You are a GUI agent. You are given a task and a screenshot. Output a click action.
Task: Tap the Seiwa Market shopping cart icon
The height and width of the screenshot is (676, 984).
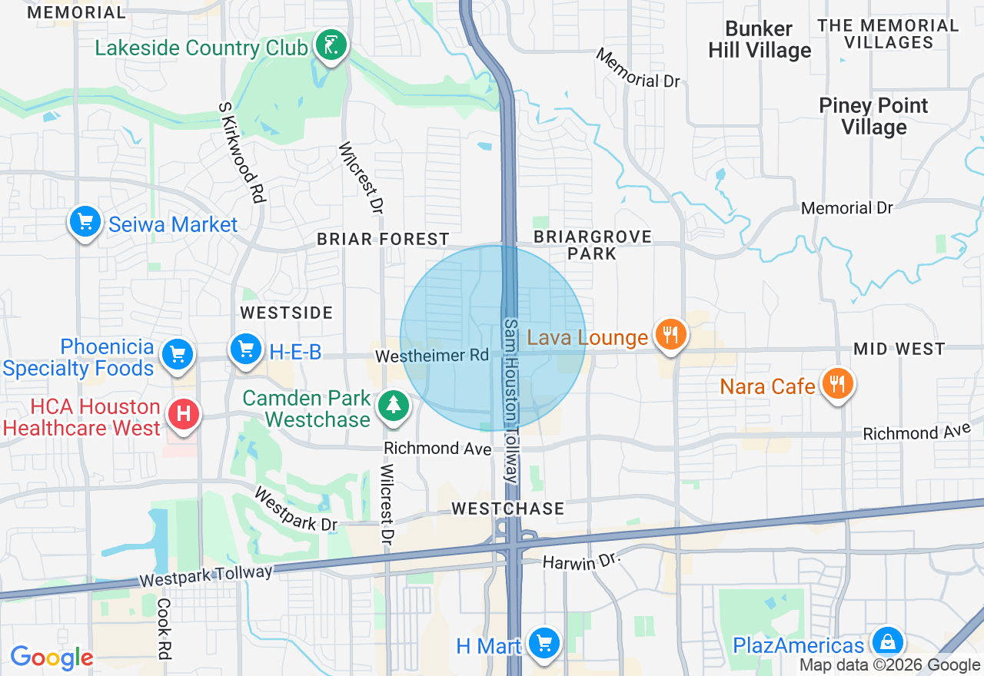coord(85,223)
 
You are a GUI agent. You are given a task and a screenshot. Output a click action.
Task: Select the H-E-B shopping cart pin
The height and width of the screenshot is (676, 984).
coord(246,350)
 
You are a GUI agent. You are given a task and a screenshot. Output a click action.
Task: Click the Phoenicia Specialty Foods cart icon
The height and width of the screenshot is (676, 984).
coord(178,354)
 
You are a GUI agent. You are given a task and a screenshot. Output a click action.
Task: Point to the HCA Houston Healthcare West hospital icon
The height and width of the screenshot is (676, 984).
coord(184,414)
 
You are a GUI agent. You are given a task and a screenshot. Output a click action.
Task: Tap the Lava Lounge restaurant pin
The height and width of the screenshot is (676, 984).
coord(671,335)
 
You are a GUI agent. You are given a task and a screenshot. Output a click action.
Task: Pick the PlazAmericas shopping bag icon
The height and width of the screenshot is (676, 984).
coord(888,641)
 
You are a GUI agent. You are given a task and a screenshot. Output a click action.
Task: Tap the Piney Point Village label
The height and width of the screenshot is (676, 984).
coord(873,116)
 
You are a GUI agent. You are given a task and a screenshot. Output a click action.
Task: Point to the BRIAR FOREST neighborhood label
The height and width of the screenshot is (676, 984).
coord(383,240)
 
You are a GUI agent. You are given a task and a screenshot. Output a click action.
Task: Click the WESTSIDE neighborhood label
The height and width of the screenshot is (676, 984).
coord(287,313)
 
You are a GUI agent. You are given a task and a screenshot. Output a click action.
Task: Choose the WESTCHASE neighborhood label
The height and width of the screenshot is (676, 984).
coord(507,509)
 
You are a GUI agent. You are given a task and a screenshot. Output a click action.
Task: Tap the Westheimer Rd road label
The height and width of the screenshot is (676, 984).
coord(432,356)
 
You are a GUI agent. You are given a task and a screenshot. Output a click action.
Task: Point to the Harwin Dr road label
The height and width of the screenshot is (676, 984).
coord(580,563)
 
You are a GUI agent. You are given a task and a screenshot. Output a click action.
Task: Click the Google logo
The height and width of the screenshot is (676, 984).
coord(52,658)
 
